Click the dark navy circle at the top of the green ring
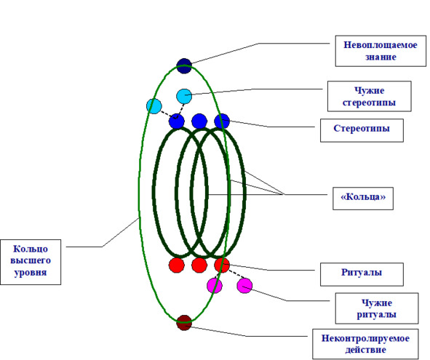point(184,65)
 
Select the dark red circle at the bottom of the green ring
point(184,322)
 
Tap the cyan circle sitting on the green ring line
point(154,106)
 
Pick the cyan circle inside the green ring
point(184,96)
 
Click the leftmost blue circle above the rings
point(177,121)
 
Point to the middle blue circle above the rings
point(199,121)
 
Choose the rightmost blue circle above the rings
point(222,121)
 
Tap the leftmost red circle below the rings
point(177,265)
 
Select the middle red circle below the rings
point(199,265)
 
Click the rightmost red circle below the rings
point(222,265)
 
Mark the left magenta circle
point(215,285)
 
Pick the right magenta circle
point(244,285)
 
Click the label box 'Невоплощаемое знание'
point(381,51)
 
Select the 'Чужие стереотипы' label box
point(369,96)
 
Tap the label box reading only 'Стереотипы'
point(362,130)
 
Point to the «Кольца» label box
point(363,199)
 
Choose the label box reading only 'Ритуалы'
point(362,274)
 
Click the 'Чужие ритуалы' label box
point(377,308)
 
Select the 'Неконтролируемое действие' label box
point(365,344)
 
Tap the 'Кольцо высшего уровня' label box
point(31,262)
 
